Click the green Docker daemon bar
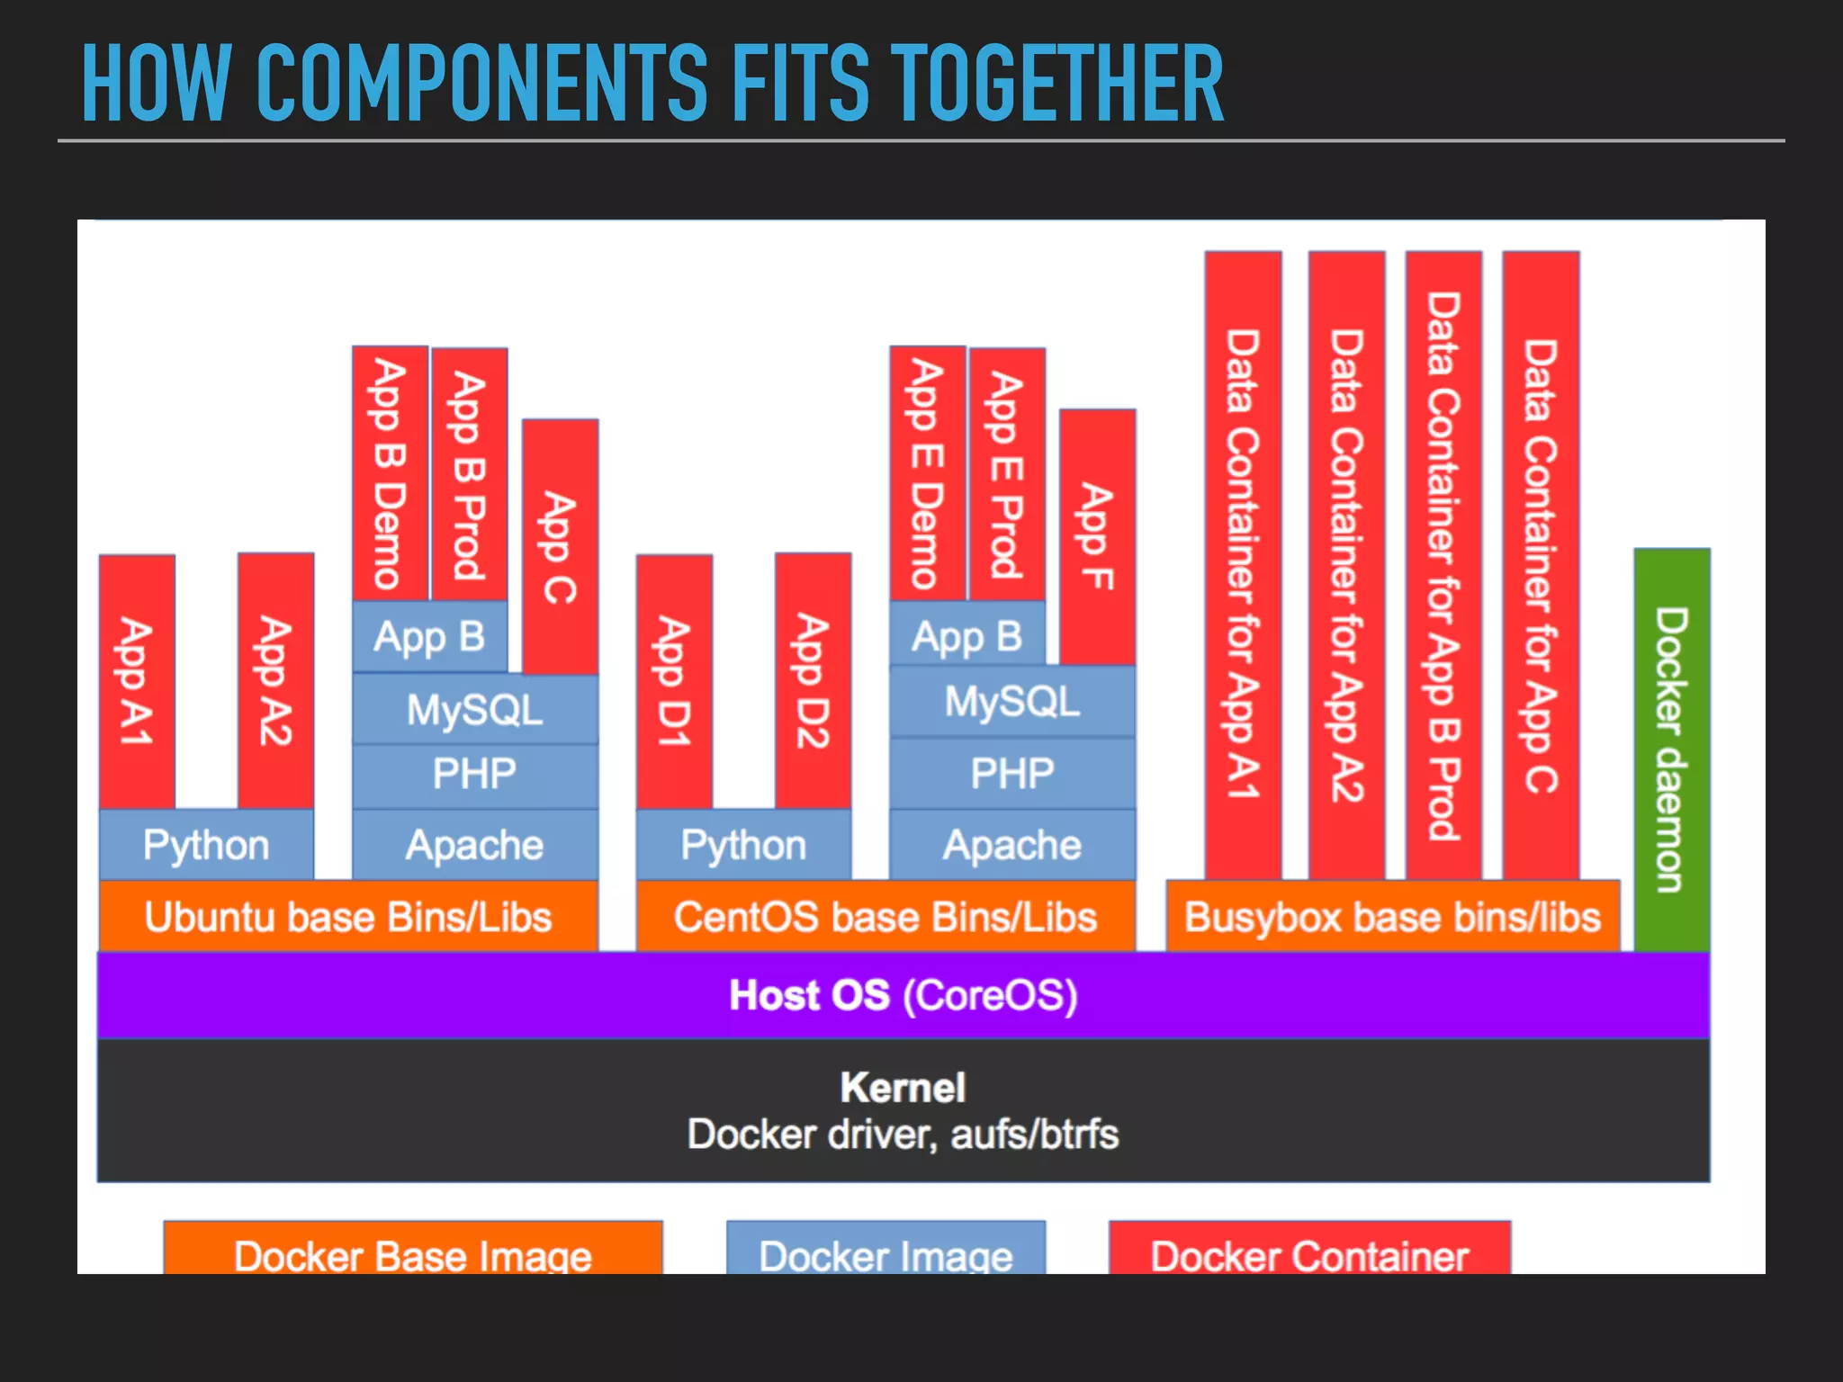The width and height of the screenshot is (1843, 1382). pos(1672,749)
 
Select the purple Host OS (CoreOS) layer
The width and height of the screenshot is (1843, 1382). pos(904,995)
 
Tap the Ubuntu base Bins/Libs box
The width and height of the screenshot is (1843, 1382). pos(348,917)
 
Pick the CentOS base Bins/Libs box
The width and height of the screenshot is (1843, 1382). pos(886,917)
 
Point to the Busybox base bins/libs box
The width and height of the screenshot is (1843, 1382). pos(1392,917)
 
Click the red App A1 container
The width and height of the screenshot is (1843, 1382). pos(137,681)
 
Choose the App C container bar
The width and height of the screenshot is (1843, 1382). pos(560,546)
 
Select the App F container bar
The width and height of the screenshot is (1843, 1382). pos(1097,536)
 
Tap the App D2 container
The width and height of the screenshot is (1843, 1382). pos(813,681)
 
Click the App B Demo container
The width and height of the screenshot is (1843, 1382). pos(390,473)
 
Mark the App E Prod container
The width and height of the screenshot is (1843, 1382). pos(1007,474)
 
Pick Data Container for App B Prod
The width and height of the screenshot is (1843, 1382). pos(1443,565)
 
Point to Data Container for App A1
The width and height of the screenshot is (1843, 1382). pos(1243,565)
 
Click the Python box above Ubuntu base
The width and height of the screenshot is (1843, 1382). pos(206,845)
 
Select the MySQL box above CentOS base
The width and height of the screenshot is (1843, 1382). pos(1012,701)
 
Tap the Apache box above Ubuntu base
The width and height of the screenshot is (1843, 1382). pos(474,845)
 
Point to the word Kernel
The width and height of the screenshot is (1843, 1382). pos(903,1088)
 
